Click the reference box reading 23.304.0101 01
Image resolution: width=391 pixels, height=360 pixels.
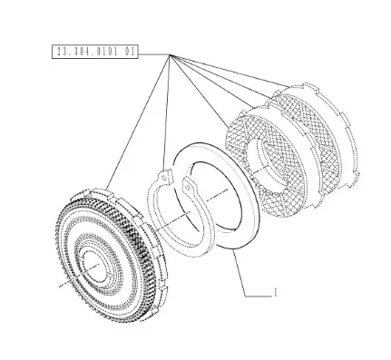pyautogui.click(x=95, y=52)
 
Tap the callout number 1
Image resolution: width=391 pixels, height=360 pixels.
pyautogui.click(x=275, y=292)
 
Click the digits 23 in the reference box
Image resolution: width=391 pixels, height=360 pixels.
pyautogui.click(x=62, y=52)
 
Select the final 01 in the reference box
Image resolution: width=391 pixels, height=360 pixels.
pyautogui.click(x=129, y=52)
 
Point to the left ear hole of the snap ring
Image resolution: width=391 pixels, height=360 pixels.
pyautogui.click(x=163, y=178)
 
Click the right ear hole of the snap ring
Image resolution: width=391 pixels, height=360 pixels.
pyautogui.click(x=188, y=188)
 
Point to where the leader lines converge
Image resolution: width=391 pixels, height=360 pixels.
pyautogui.click(x=170, y=54)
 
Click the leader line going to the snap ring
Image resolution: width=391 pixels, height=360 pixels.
pyautogui.click(x=167, y=112)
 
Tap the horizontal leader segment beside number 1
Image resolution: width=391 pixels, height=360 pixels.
pyautogui.click(x=259, y=297)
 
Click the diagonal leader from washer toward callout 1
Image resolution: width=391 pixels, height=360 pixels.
pyautogui.click(x=239, y=273)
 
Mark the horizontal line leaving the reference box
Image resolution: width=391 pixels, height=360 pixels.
pyautogui.click(x=154, y=54)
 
